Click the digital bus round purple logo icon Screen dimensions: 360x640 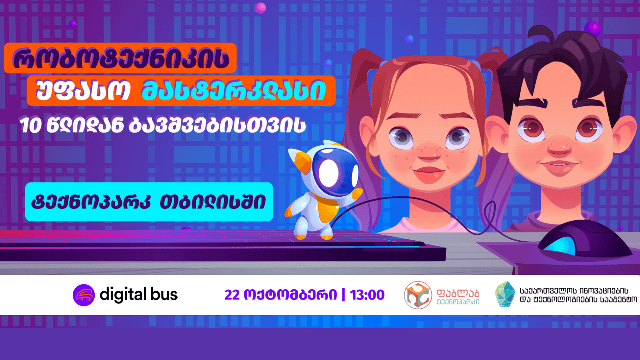pos(84,295)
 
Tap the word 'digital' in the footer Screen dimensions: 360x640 pos(123,294)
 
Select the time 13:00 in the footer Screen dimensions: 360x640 pos(367,295)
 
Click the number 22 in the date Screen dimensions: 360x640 pos(232,295)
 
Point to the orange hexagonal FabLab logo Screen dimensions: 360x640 pos(418,295)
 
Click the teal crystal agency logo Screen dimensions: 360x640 pos(505,294)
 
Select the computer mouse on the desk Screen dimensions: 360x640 pos(585,240)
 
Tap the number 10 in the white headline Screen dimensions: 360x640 pos(30,126)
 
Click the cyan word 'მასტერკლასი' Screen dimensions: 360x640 pos(234,91)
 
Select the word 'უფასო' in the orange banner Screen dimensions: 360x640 pos(83,90)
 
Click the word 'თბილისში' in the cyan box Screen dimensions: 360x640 pos(212,202)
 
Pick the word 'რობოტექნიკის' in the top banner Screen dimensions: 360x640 pos(120,59)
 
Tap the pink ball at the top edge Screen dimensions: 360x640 pos(260,8)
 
